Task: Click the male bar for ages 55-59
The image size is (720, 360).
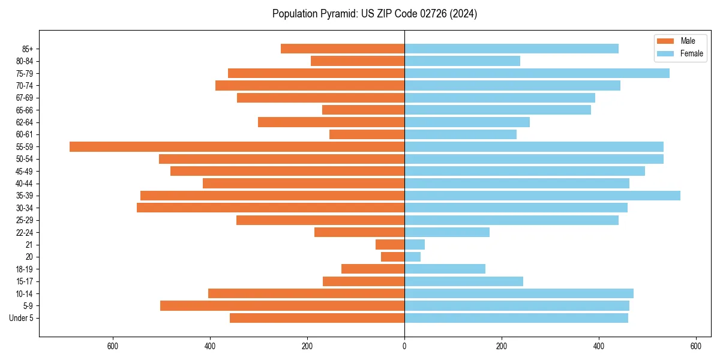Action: [237, 147]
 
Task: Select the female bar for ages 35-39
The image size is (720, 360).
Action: [542, 196]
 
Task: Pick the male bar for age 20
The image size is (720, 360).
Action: [393, 257]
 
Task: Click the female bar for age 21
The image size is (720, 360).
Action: [415, 245]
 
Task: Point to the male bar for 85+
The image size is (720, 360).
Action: [343, 49]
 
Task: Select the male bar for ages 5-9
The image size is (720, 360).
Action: [282, 306]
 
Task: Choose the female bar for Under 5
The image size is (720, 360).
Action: [516, 318]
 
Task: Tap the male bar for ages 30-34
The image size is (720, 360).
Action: [271, 208]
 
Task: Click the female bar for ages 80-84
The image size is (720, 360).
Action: [462, 61]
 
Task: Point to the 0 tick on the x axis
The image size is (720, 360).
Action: [404, 346]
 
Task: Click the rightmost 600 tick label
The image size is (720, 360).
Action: [696, 346]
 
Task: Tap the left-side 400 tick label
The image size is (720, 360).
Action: [210, 346]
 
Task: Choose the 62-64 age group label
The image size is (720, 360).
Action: [25, 122]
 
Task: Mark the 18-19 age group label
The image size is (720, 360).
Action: [25, 269]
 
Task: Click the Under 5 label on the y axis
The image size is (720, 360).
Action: [22, 318]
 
